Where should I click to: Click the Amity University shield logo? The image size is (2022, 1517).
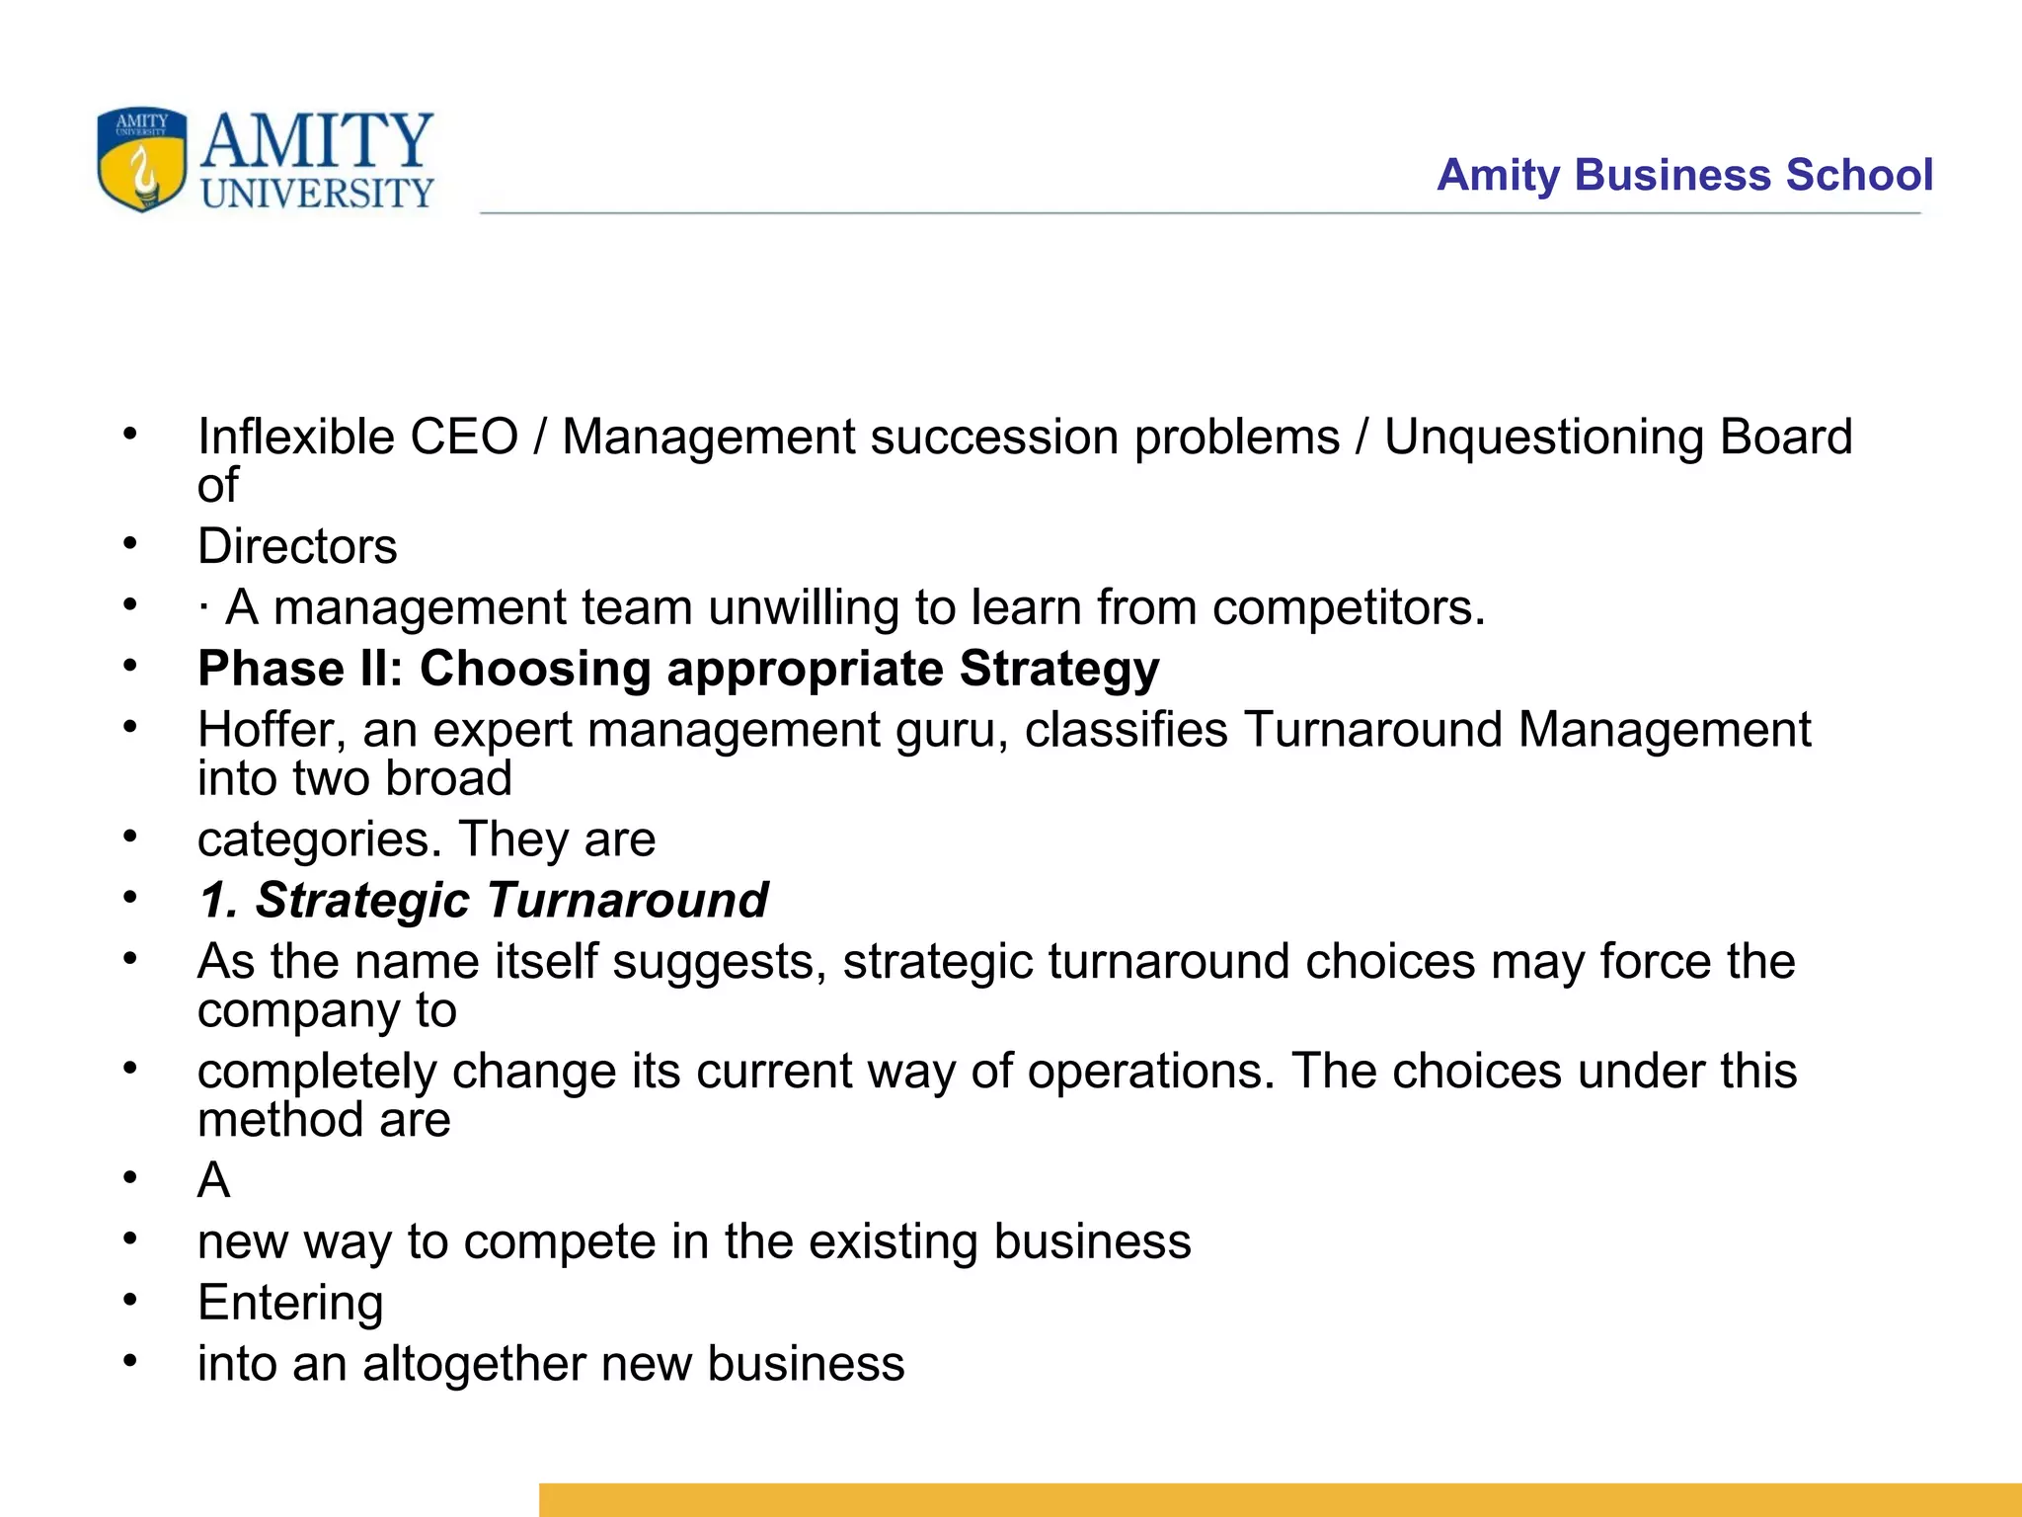[x=142, y=159]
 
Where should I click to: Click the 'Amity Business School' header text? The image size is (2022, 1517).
[x=1684, y=175]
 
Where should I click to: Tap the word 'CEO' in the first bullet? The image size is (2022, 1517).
[x=464, y=437]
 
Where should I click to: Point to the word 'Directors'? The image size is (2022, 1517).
[x=297, y=546]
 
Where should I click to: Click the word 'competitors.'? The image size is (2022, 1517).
[x=1349, y=607]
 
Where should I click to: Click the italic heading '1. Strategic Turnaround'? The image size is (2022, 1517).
[x=483, y=900]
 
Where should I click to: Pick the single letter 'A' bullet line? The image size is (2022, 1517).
[x=214, y=1180]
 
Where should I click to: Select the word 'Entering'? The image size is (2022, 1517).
[x=290, y=1303]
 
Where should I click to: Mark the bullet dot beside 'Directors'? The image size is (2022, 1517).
[x=129, y=544]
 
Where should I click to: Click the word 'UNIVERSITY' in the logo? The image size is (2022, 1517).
[x=317, y=194]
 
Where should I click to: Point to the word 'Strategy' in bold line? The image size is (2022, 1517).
[x=1059, y=669]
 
